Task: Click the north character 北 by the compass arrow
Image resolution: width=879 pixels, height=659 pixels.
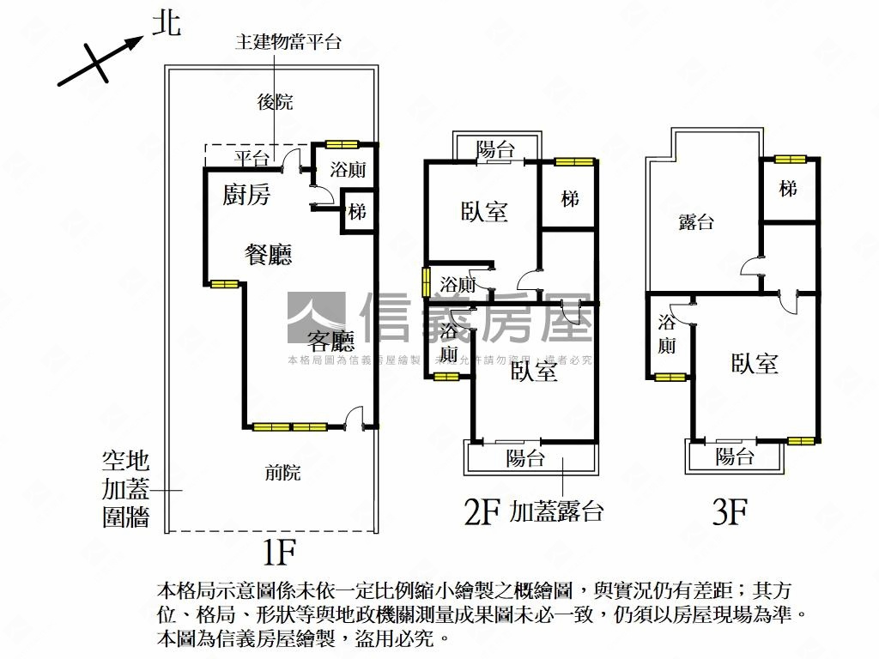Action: (167, 23)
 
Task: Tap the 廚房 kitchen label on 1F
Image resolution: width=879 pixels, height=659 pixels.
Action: (246, 196)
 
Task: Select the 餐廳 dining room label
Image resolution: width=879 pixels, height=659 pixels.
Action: (268, 255)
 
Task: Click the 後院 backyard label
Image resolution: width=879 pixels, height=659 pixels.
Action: (276, 102)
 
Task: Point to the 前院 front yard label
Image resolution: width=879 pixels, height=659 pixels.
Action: (283, 471)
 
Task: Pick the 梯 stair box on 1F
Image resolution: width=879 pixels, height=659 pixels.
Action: (358, 210)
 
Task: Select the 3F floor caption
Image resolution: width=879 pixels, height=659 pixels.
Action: (730, 513)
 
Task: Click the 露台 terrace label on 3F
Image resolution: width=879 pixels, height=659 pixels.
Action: (696, 222)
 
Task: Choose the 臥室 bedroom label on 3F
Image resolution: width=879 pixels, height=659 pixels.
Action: (755, 364)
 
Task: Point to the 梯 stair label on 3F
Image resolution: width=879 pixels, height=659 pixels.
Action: (788, 189)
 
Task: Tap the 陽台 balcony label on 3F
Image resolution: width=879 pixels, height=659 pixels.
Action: (735, 456)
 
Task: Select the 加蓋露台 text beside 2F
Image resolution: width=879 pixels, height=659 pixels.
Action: (556, 512)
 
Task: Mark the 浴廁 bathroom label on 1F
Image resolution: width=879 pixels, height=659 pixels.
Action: (348, 170)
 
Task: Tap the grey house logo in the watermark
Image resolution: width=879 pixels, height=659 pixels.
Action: (316, 318)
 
